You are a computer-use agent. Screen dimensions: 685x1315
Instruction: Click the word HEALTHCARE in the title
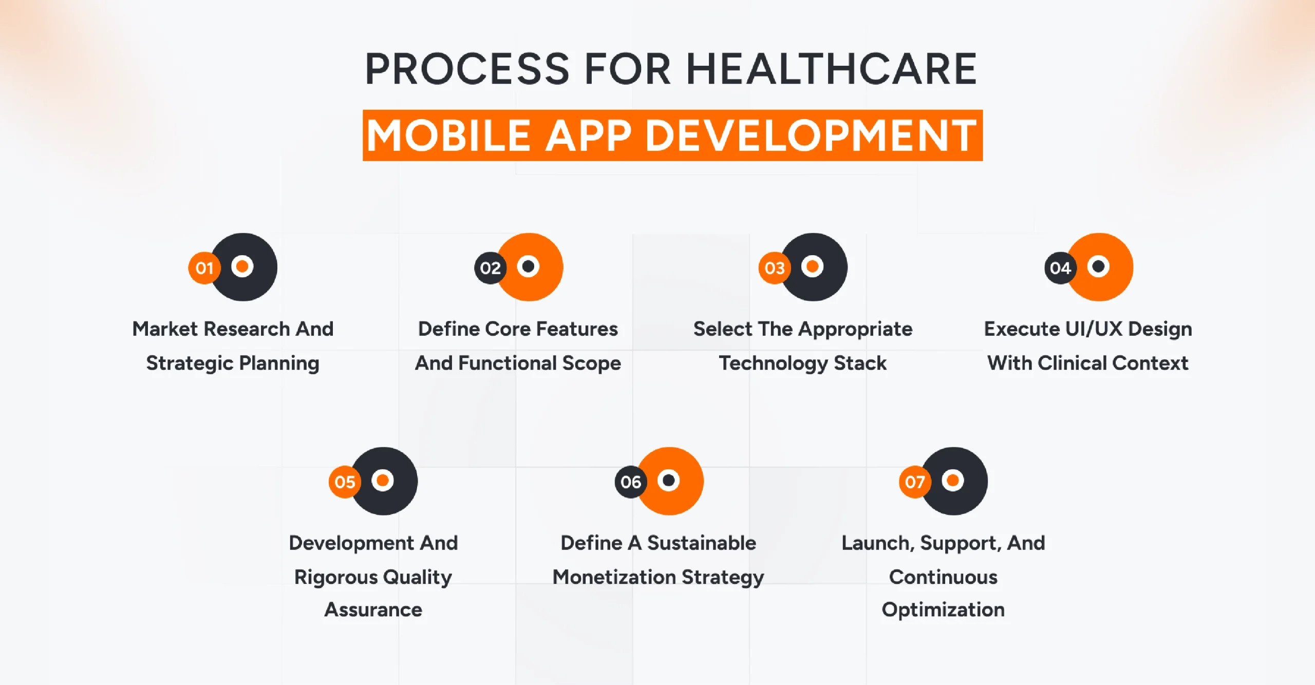pos(831,69)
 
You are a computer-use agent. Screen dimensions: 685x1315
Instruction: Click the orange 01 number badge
pos(204,268)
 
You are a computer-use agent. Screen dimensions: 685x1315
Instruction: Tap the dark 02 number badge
pos(490,268)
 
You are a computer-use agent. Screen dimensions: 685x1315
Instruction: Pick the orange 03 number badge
pos(774,268)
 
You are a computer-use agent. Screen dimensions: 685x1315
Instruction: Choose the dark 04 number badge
pos(1060,268)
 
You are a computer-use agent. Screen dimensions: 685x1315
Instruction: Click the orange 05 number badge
pos(345,482)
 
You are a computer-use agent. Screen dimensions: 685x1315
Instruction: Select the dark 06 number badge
pos(630,482)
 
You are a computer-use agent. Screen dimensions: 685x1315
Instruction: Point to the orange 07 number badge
pos(914,482)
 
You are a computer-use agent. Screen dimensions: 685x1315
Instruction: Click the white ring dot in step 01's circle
pos(242,266)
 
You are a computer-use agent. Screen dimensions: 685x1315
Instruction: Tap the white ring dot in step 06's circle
pos(669,480)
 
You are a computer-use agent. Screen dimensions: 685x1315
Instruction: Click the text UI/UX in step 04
pos(1094,329)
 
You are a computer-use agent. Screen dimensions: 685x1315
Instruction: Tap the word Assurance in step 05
pos(373,610)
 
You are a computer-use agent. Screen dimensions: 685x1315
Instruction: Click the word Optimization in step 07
pos(943,610)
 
